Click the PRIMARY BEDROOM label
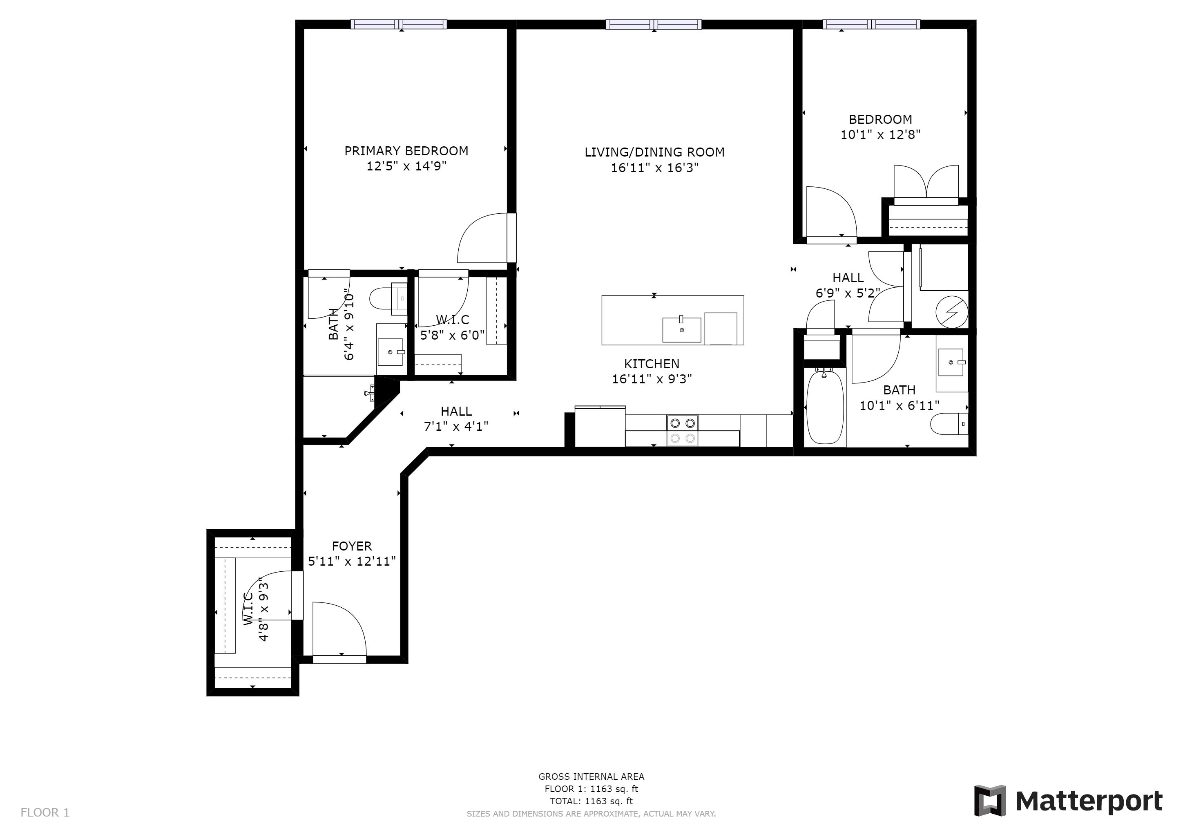pos(406,151)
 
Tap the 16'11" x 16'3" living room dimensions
pos(654,168)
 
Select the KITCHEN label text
pos(651,364)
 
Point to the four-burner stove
pos(682,431)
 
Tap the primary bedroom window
pos(398,24)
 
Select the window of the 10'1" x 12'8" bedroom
pos(871,24)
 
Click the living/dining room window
pos(653,24)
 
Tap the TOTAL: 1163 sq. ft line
pos(591,801)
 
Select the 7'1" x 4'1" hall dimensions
pos(456,427)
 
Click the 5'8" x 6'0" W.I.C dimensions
pos(452,336)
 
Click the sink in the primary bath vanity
pos(390,352)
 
